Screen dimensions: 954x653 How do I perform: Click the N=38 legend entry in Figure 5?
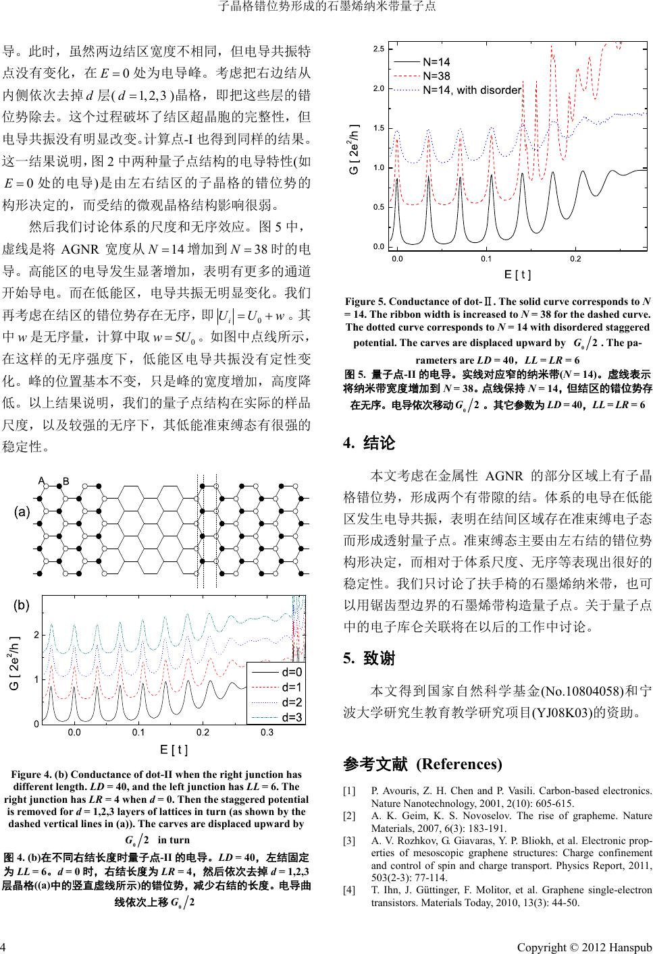point(437,76)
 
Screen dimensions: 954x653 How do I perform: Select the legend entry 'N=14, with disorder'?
point(471,90)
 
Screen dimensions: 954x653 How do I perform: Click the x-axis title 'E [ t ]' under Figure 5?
point(518,275)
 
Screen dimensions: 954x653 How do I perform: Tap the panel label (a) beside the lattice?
point(23,512)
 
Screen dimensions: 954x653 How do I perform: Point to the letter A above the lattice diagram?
point(41,480)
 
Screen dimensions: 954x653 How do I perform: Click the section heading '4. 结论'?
point(369,443)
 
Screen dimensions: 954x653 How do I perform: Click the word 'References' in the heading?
point(459,764)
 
